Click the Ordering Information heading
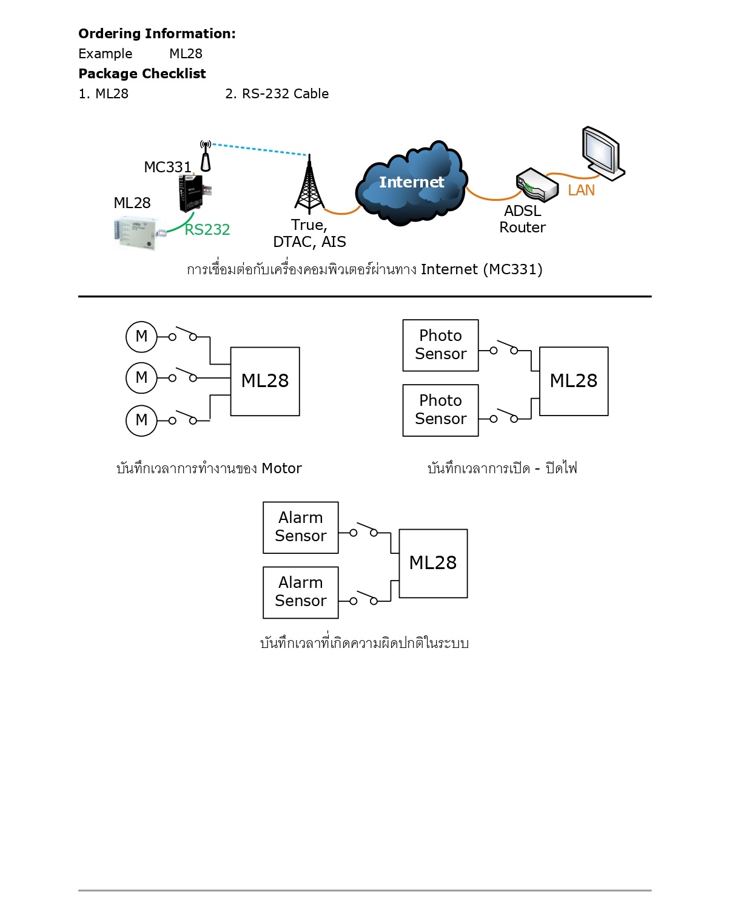click(157, 34)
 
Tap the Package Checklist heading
click(142, 74)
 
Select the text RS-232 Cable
click(285, 94)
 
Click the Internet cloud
click(411, 183)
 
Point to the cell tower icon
click(309, 185)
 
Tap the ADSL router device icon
click(537, 184)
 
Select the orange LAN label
click(581, 191)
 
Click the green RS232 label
click(207, 230)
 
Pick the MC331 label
click(167, 167)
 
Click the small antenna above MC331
click(206, 156)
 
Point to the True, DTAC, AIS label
click(309, 234)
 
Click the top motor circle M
click(141, 337)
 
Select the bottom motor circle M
click(141, 420)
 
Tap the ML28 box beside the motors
click(265, 381)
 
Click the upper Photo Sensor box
click(440, 345)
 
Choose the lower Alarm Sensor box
click(300, 592)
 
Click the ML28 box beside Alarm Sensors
click(433, 563)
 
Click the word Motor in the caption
click(281, 468)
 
